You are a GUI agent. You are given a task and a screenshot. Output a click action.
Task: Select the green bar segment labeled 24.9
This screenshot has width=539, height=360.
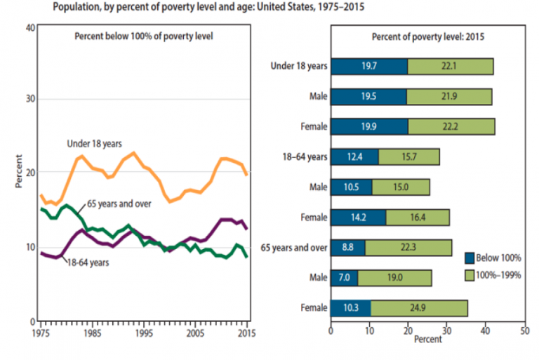419,307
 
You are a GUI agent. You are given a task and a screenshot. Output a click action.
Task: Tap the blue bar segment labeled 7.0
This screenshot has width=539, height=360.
344,277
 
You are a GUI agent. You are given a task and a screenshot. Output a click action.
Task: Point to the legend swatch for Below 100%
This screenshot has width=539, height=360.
469,258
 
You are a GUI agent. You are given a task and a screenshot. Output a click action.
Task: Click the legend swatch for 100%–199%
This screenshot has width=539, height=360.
469,275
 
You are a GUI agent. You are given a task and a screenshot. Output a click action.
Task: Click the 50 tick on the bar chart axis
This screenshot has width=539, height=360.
524,328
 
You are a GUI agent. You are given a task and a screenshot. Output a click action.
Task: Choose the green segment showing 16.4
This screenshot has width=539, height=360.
418,217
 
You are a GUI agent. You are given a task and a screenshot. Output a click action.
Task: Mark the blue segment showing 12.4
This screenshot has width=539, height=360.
355,156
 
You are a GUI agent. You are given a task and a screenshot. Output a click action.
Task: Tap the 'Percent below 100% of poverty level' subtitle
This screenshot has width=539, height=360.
143,36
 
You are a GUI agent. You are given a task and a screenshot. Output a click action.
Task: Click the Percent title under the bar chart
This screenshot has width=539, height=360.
428,340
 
